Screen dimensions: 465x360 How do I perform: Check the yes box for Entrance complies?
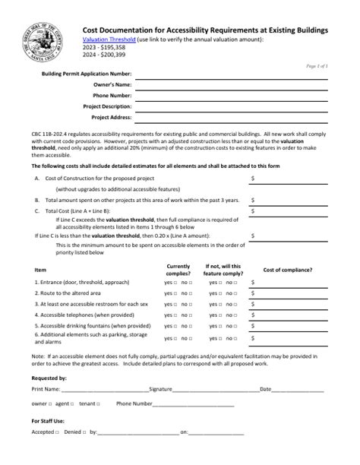[x=176, y=282]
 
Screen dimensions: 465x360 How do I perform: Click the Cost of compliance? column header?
[x=287, y=270]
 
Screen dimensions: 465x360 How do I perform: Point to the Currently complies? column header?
[x=178, y=270]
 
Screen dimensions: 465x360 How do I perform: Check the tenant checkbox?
[x=96, y=404]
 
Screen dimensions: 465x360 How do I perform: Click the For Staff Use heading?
[x=47, y=420]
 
